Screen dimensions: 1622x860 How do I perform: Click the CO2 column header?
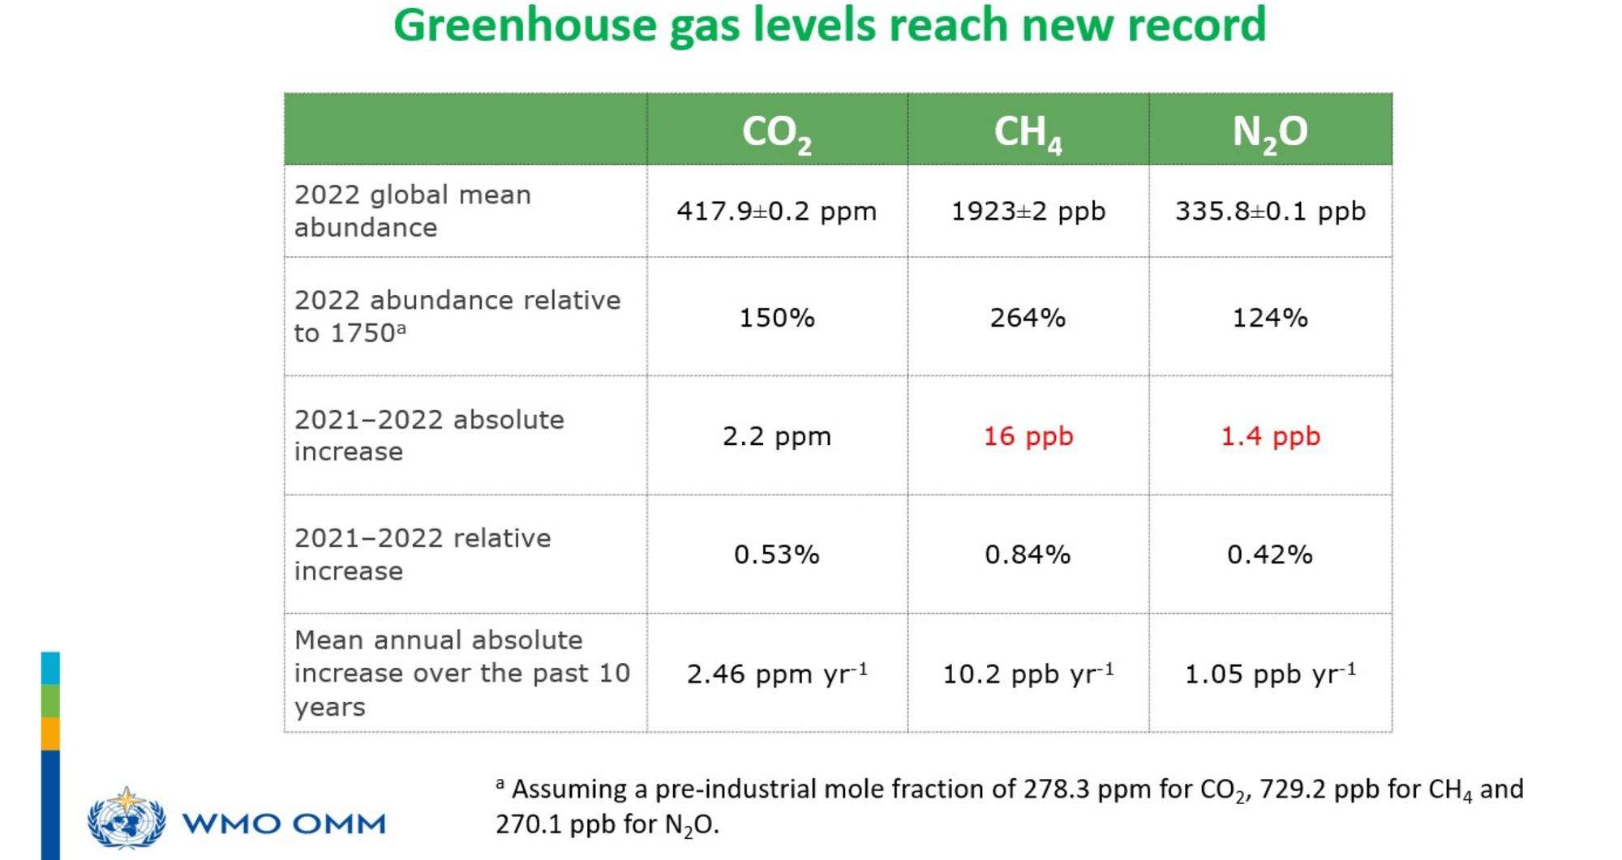click(x=776, y=133)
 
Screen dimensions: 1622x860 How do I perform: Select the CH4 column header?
click(x=1028, y=133)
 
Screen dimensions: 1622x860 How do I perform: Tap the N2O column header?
click(x=1270, y=133)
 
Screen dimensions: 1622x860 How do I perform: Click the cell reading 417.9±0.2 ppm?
click(x=777, y=212)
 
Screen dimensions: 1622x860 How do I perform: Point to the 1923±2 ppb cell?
click(x=1028, y=212)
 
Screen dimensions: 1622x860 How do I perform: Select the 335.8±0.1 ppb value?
click(x=1271, y=212)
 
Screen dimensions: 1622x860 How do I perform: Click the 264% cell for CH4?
click(x=1028, y=317)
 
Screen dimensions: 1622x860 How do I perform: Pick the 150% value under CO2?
click(x=777, y=317)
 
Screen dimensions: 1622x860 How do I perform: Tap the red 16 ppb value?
click(x=1028, y=436)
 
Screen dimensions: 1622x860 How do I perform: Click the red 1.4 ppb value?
click(x=1271, y=436)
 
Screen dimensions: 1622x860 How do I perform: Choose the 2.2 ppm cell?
click(x=777, y=436)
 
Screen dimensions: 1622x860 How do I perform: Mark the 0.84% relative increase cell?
click(x=1028, y=554)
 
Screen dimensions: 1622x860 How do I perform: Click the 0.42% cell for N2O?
click(x=1270, y=554)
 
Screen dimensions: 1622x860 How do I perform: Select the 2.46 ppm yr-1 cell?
click(x=777, y=674)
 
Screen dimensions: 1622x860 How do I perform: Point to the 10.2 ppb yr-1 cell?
click(x=1028, y=674)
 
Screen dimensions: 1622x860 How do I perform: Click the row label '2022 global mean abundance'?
click(x=413, y=211)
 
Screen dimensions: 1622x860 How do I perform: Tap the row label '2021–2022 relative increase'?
click(x=423, y=554)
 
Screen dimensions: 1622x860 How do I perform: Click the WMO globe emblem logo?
click(x=127, y=819)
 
